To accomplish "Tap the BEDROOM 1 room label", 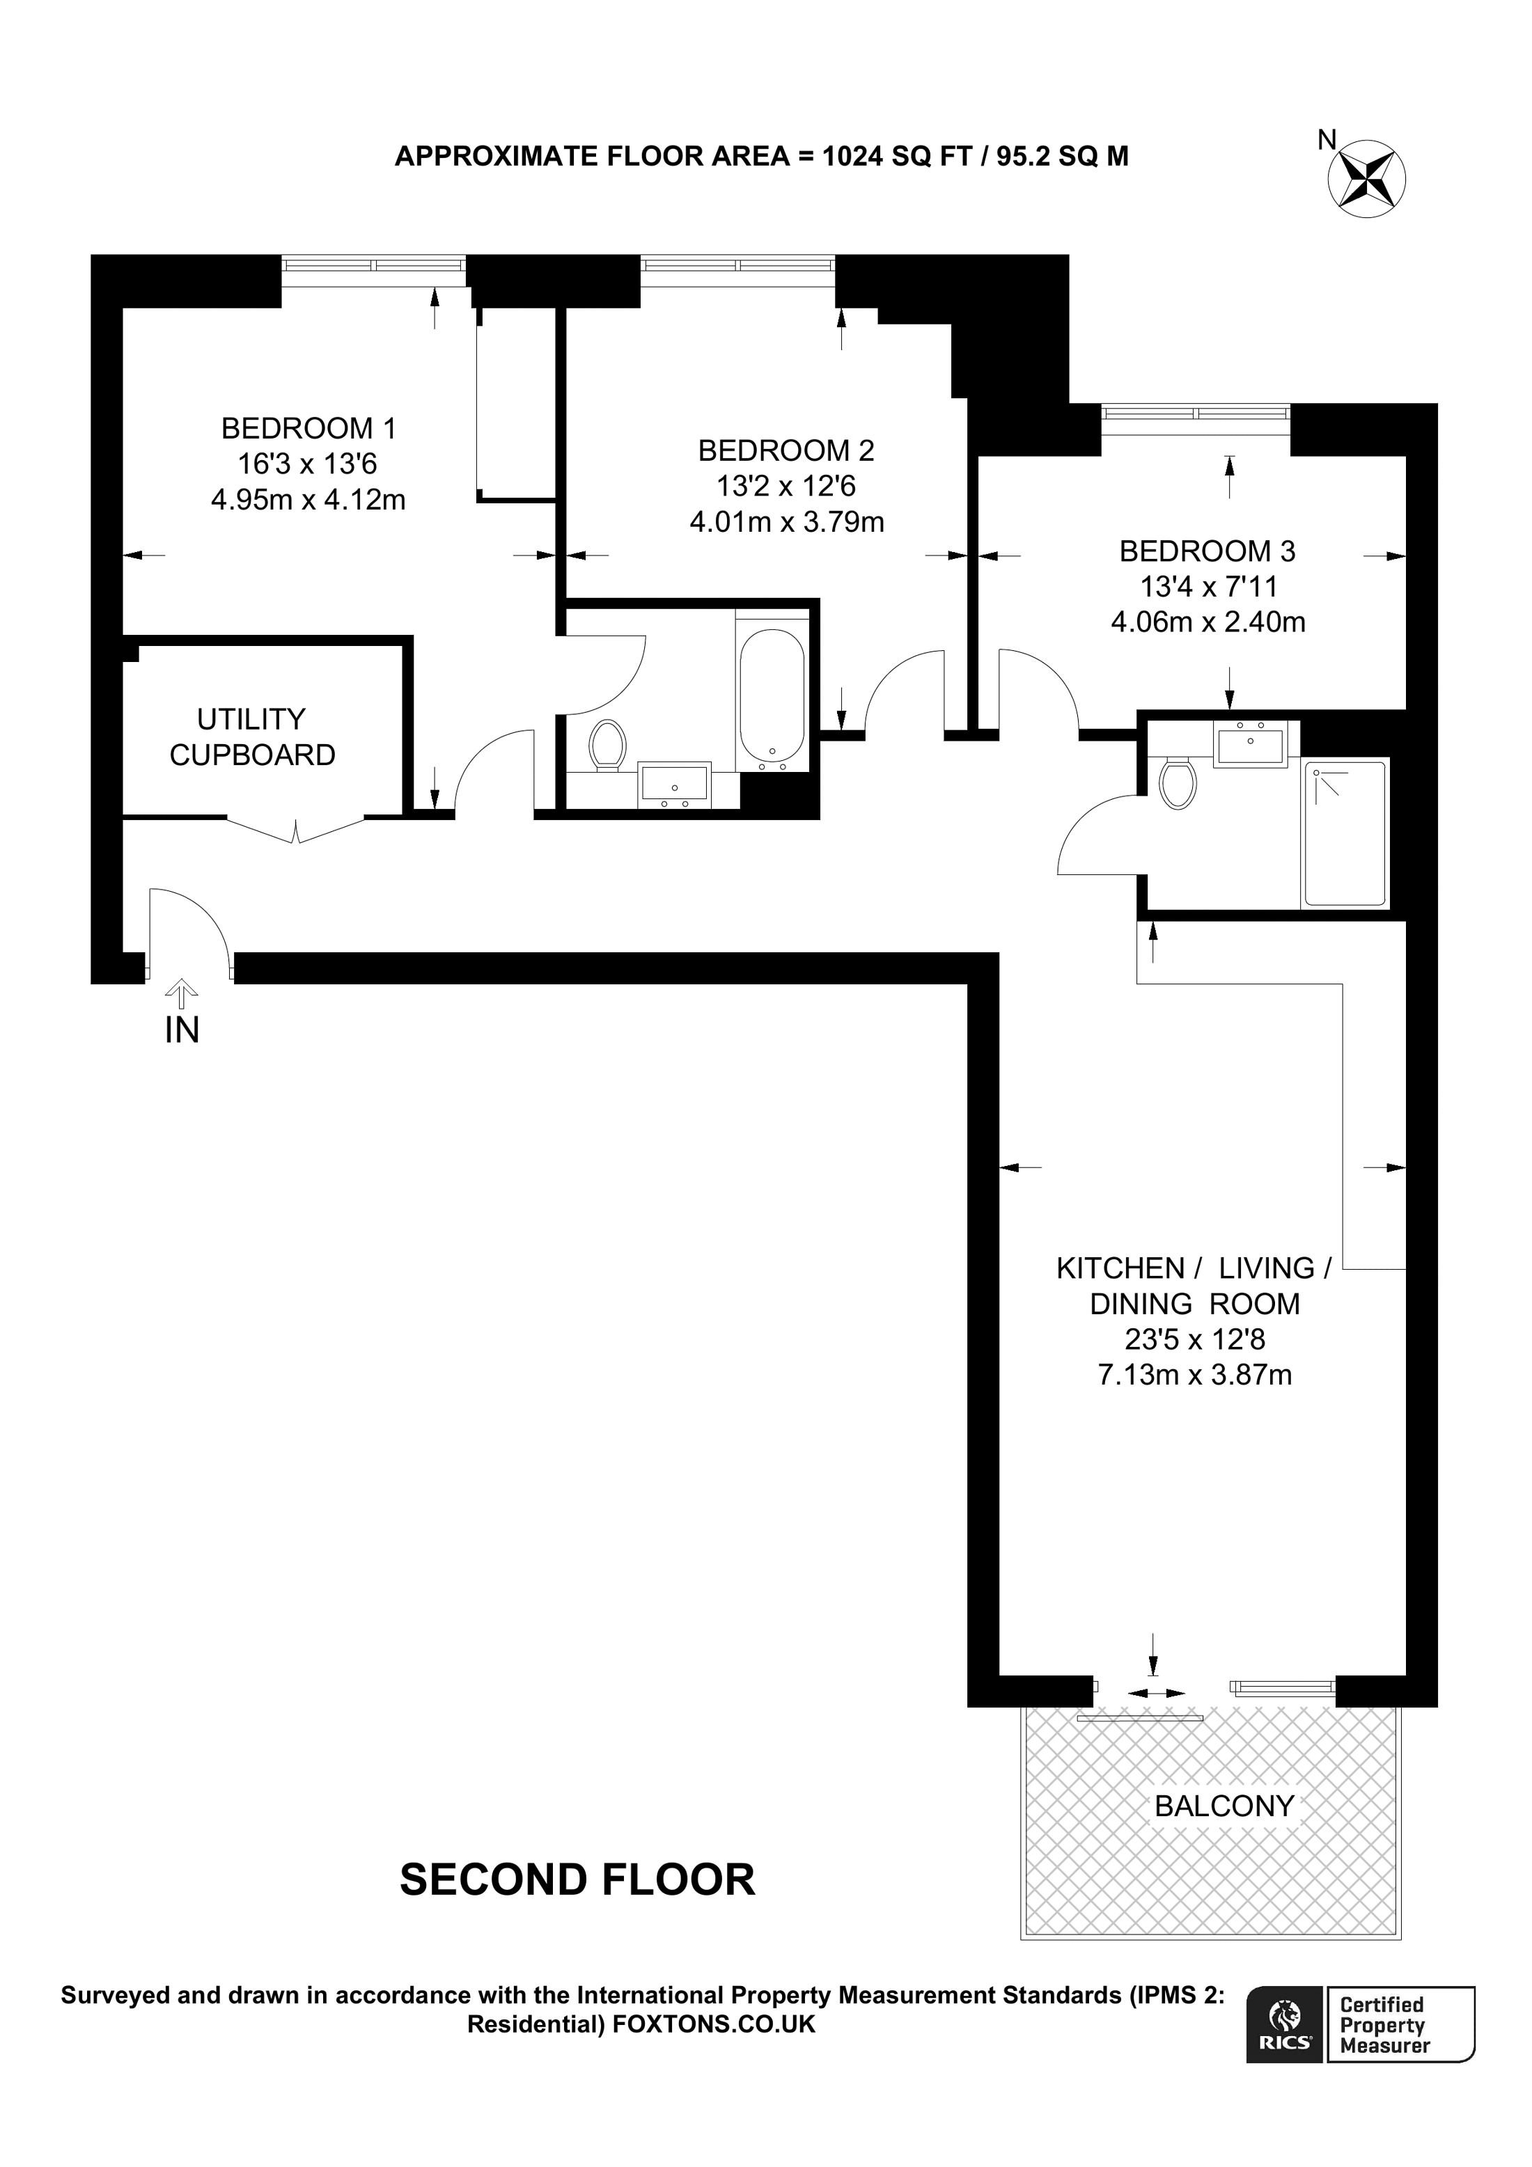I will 308,429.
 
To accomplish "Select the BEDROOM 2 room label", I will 786,450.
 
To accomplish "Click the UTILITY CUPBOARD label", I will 252,737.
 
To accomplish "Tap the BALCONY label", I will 1224,1806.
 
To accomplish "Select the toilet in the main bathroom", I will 608,746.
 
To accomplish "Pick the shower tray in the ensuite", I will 1344,833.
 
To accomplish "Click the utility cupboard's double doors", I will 297,830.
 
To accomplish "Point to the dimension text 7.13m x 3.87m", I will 1194,1375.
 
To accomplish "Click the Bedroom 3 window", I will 1195,416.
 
